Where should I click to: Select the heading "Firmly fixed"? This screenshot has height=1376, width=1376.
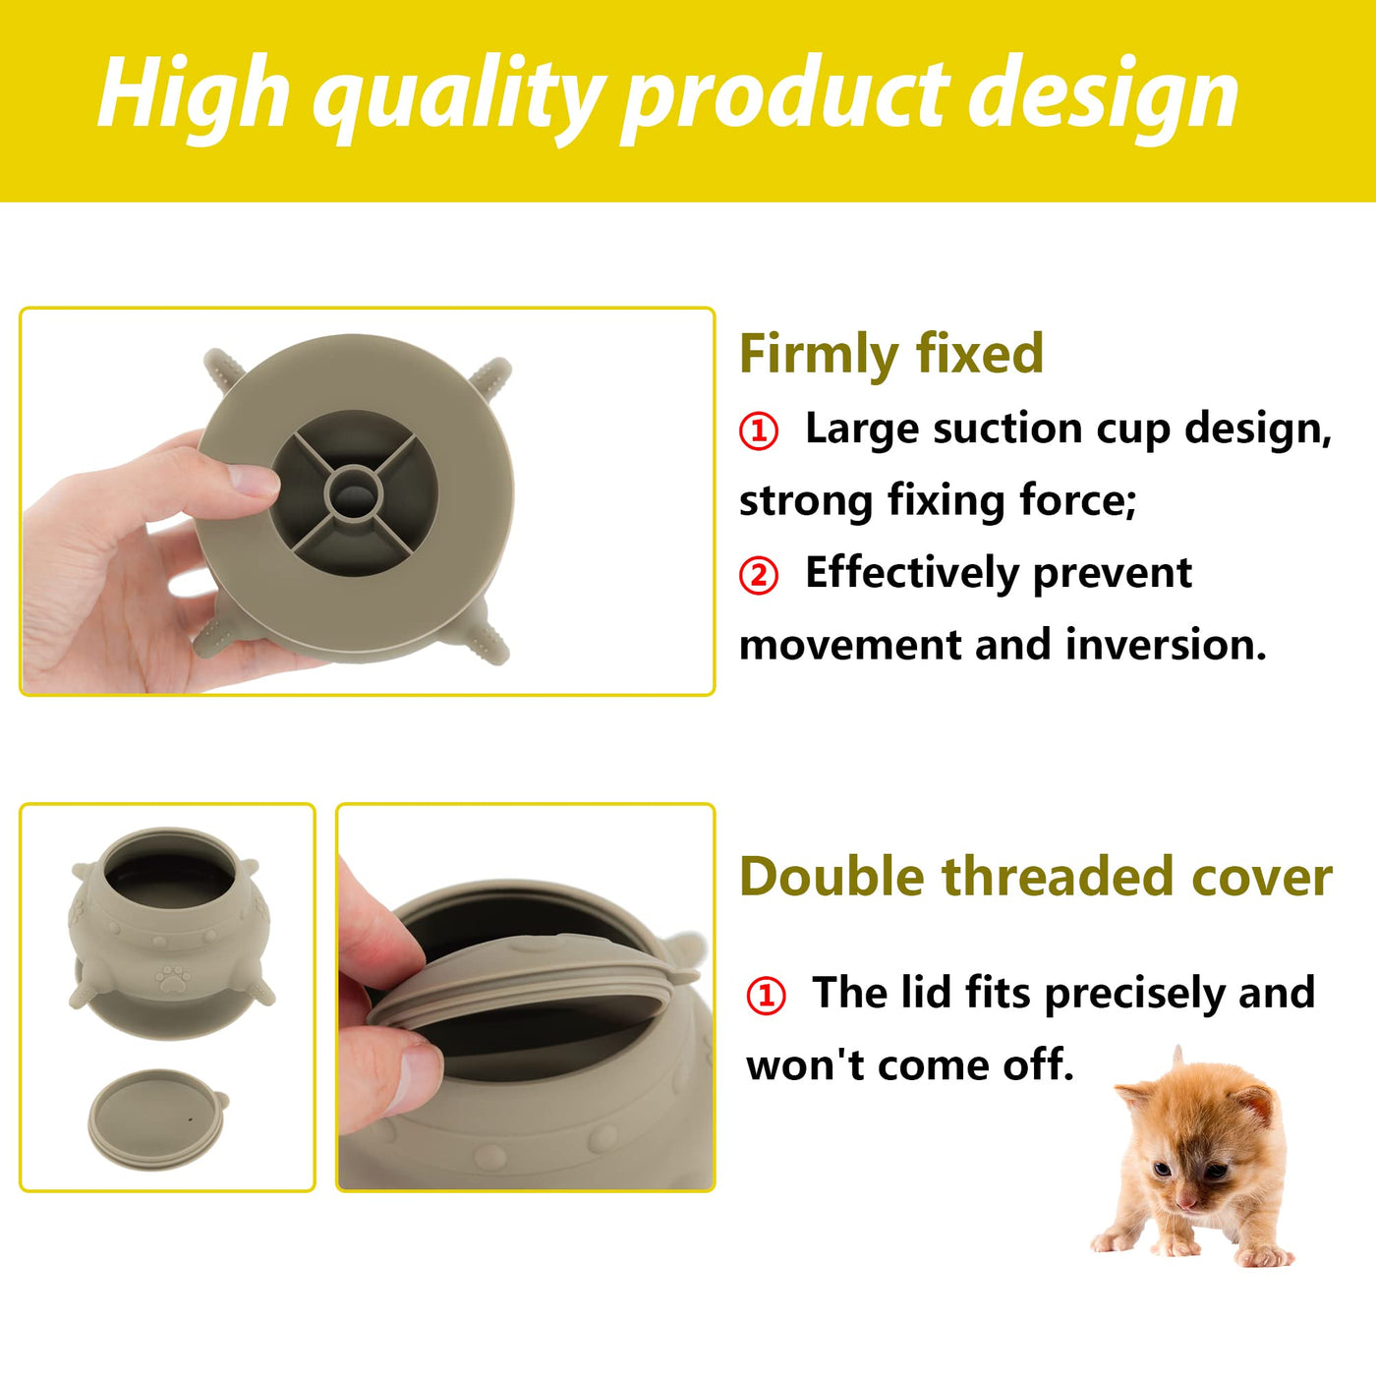pyautogui.click(x=891, y=353)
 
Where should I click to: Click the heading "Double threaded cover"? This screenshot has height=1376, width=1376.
pyautogui.click(x=1036, y=876)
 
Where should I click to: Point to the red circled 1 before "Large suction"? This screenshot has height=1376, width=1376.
pyautogui.click(x=759, y=432)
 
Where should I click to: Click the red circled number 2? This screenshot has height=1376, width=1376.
pyautogui.click(x=759, y=576)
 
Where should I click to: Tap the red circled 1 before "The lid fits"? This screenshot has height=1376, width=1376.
pyautogui.click(x=766, y=997)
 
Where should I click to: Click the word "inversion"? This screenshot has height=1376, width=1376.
pyautogui.click(x=1166, y=645)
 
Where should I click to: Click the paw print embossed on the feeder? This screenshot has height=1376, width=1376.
pyautogui.click(x=174, y=978)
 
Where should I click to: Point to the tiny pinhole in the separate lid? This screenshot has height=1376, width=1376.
pyautogui.click(x=190, y=1118)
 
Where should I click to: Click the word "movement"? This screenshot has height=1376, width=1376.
pyautogui.click(x=850, y=645)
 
